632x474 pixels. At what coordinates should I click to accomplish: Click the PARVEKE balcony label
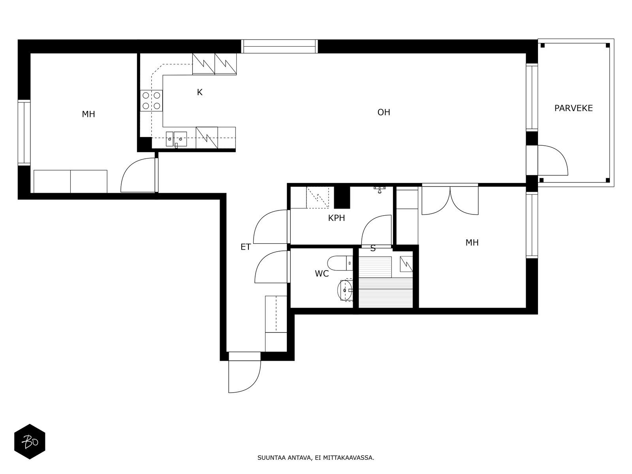pos(573,108)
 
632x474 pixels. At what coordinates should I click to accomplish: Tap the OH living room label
pos(384,112)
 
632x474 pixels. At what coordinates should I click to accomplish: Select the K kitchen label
pos(199,92)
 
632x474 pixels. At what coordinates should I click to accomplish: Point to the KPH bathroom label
pos(336,218)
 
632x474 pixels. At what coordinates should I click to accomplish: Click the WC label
pos(322,274)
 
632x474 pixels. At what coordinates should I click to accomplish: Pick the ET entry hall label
pos(246,247)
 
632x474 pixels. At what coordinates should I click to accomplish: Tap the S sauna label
pos(373,248)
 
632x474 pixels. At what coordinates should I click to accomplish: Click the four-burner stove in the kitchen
pos(151,101)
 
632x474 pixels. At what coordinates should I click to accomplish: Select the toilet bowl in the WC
pos(340,263)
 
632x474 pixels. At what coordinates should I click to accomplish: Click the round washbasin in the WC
pos(345,290)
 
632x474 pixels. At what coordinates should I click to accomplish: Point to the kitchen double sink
pos(176,139)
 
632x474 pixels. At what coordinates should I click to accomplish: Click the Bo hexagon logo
pos(30,442)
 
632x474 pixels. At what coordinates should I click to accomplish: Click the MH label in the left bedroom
pos(88,114)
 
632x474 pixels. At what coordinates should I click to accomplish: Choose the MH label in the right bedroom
pos(472,243)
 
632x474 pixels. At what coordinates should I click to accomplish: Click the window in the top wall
pos(279,46)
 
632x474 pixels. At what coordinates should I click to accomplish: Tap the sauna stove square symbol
pos(406,264)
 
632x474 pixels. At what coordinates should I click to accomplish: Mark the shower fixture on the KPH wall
pos(380,189)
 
